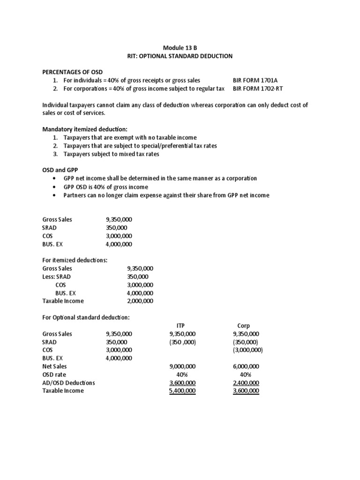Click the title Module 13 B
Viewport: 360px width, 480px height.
(x=180, y=47)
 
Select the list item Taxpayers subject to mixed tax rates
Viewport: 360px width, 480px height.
(x=112, y=154)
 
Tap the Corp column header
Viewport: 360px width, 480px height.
(x=244, y=325)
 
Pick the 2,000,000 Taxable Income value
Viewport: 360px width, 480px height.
(x=140, y=301)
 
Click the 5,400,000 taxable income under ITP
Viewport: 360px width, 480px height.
(x=182, y=391)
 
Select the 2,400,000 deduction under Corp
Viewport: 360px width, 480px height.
(x=246, y=382)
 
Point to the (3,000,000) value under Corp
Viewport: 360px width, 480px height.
(x=247, y=350)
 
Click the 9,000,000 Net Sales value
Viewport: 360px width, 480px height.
(x=182, y=366)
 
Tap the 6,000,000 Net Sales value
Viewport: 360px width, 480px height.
(x=246, y=366)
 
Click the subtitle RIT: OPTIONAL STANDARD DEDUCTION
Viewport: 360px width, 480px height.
(x=180, y=56)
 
